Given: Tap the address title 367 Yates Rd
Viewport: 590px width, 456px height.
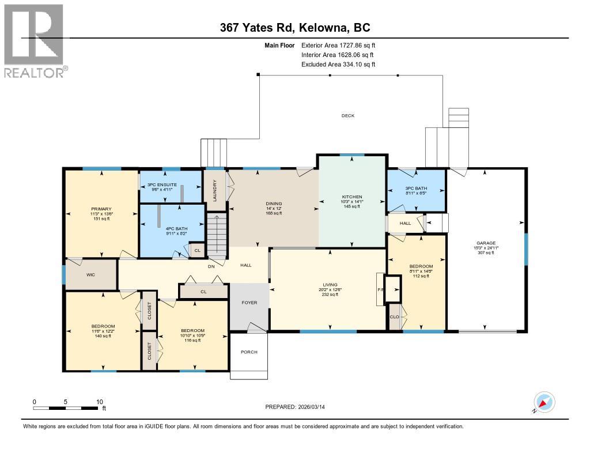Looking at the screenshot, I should click(x=294, y=27).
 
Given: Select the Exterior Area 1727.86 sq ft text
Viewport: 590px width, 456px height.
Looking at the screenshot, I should click(x=338, y=45).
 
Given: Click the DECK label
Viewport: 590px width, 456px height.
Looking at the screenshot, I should click(x=347, y=116).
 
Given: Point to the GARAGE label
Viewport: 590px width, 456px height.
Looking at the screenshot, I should click(x=486, y=243).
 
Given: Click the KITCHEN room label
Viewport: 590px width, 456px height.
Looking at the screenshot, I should click(x=351, y=197).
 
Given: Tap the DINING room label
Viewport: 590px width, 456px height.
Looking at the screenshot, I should click(x=273, y=203).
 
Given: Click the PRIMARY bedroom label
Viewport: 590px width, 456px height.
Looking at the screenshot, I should click(x=100, y=209).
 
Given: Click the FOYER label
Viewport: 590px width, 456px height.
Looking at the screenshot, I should click(x=249, y=303).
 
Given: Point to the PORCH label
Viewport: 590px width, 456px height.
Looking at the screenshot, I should click(x=249, y=352).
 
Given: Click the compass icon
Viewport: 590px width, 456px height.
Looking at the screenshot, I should click(x=544, y=402).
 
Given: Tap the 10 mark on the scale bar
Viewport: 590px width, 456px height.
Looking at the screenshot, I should click(x=99, y=402).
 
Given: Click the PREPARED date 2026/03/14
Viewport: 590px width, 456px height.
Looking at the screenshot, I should click(x=298, y=407).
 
